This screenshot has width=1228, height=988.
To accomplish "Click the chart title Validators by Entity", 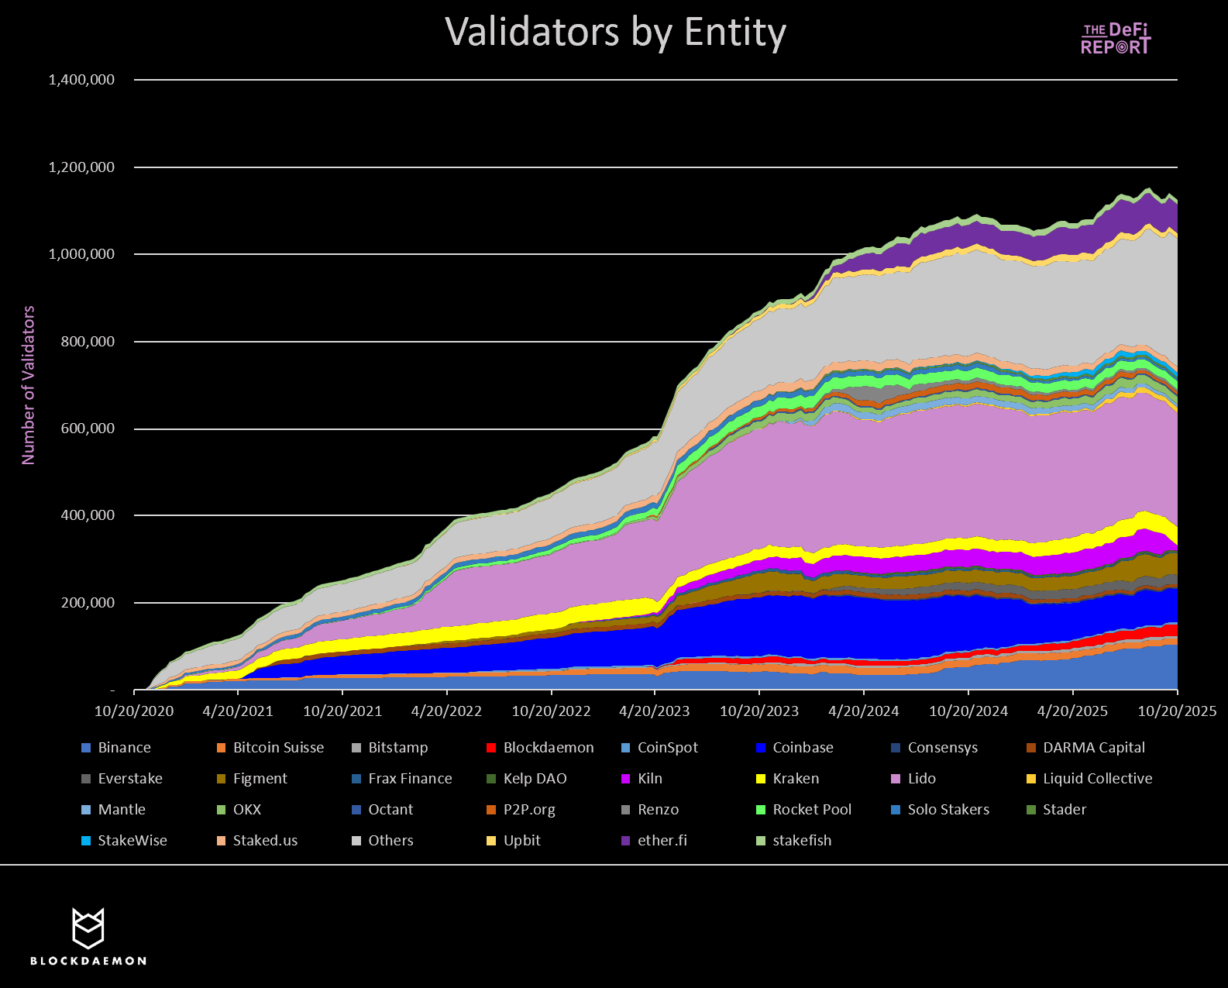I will (x=615, y=33).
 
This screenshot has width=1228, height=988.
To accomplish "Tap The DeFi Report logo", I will (x=1116, y=39).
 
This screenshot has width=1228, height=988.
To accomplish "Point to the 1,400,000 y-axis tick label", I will (x=81, y=80).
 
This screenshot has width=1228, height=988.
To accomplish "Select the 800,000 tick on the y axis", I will (x=88, y=342).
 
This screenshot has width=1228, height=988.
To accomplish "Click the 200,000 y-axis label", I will (x=88, y=603).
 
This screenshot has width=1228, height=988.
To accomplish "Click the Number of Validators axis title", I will (x=29, y=385).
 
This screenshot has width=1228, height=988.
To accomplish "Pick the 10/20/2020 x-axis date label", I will (x=134, y=711).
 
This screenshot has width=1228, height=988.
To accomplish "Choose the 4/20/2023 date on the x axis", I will (x=655, y=711).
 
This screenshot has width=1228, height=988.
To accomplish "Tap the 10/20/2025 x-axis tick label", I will (x=1177, y=711).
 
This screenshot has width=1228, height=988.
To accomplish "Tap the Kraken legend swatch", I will (x=761, y=779).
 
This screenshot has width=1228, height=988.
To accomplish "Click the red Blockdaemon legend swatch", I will (x=491, y=748).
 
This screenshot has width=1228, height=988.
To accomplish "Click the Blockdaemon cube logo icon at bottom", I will (x=88, y=928).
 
